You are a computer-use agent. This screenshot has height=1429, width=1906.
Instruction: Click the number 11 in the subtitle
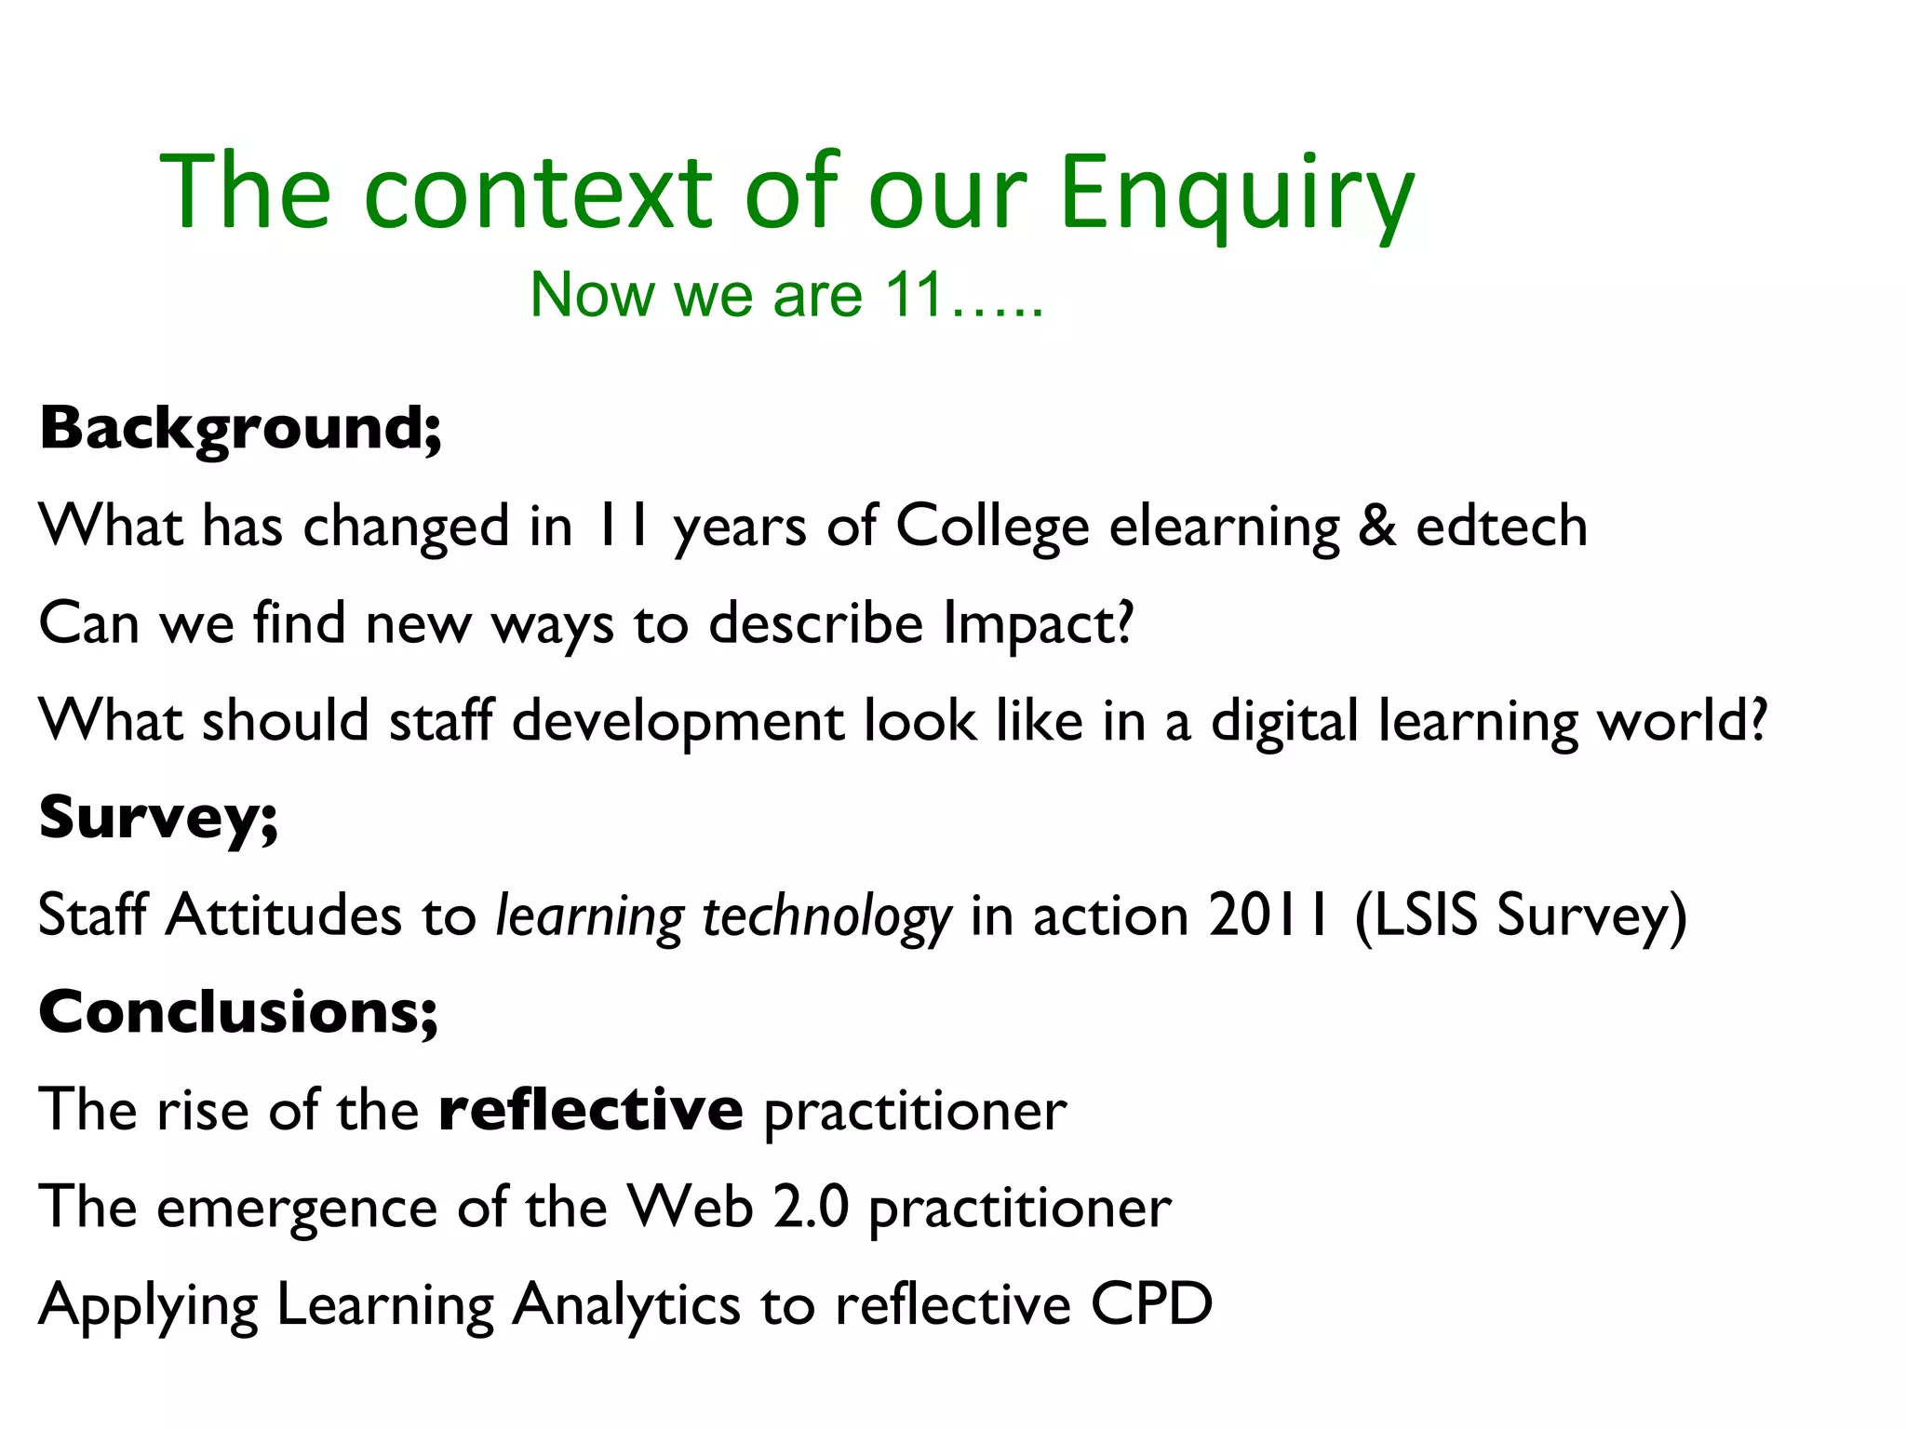(x=914, y=296)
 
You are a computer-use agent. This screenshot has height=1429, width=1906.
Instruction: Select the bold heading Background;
(x=240, y=430)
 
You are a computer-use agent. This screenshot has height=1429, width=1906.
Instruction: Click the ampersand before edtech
(x=1377, y=527)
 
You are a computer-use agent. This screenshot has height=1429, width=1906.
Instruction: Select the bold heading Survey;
(x=158, y=820)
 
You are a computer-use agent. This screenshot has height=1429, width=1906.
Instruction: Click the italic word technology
(x=826, y=917)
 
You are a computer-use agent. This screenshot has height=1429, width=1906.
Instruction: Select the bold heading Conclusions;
(x=238, y=1013)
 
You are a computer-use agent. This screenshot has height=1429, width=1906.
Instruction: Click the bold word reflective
(x=590, y=1110)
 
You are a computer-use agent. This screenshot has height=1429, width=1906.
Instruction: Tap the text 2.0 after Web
(x=812, y=1208)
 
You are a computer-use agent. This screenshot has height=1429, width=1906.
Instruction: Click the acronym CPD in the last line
(x=1152, y=1304)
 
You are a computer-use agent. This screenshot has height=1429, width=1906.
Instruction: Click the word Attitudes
(x=284, y=915)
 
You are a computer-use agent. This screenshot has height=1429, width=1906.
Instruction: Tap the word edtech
(x=1501, y=527)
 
